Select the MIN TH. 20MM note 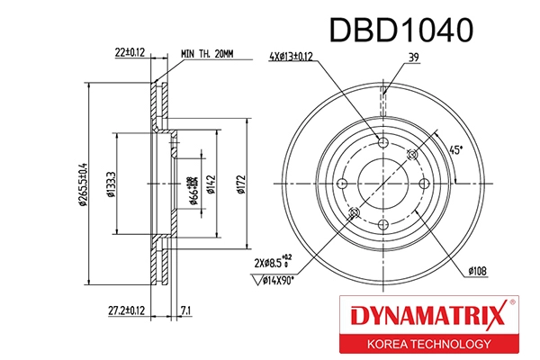click(x=207, y=54)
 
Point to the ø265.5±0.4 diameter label click(x=82, y=184)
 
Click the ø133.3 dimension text click(x=111, y=184)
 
